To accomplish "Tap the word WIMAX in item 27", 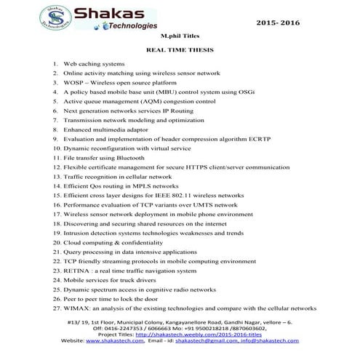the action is pos(79,308).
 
